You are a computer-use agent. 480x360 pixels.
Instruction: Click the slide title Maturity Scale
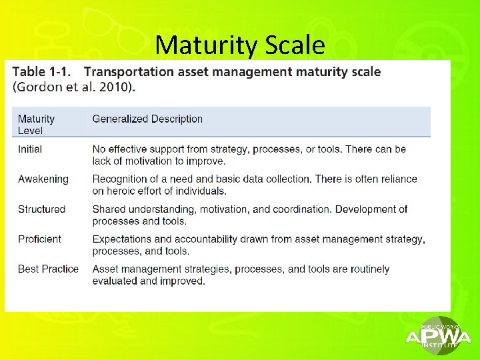[240, 45]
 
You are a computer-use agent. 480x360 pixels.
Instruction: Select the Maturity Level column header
[36, 125]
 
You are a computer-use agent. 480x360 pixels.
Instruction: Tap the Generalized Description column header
[147, 119]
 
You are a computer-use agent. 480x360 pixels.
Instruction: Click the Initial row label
[30, 149]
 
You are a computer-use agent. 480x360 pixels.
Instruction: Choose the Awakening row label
[43, 179]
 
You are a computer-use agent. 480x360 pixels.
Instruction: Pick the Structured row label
[41, 209]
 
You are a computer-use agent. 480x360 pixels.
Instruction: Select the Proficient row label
[39, 239]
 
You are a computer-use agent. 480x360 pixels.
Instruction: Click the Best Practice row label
[48, 269]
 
